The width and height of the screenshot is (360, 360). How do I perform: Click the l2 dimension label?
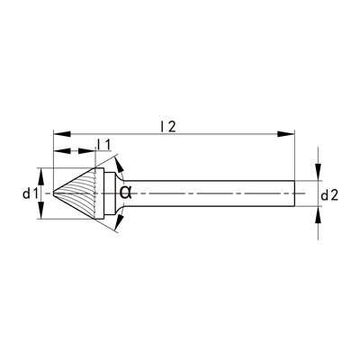click(167, 127)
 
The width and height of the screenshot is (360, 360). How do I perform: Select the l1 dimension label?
click(104, 144)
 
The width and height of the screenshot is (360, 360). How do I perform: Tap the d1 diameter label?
click(31, 194)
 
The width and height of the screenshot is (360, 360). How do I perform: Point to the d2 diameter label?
click(329, 196)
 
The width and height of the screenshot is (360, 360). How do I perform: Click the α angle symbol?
click(126, 193)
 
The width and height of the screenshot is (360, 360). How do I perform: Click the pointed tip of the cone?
click(54, 193)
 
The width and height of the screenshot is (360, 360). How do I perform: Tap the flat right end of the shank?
click(294, 193)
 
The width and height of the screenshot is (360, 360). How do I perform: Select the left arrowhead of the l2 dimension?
click(62, 134)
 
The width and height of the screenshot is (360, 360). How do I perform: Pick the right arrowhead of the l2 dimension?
click(285, 134)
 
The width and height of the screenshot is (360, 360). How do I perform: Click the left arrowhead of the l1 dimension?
click(62, 150)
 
